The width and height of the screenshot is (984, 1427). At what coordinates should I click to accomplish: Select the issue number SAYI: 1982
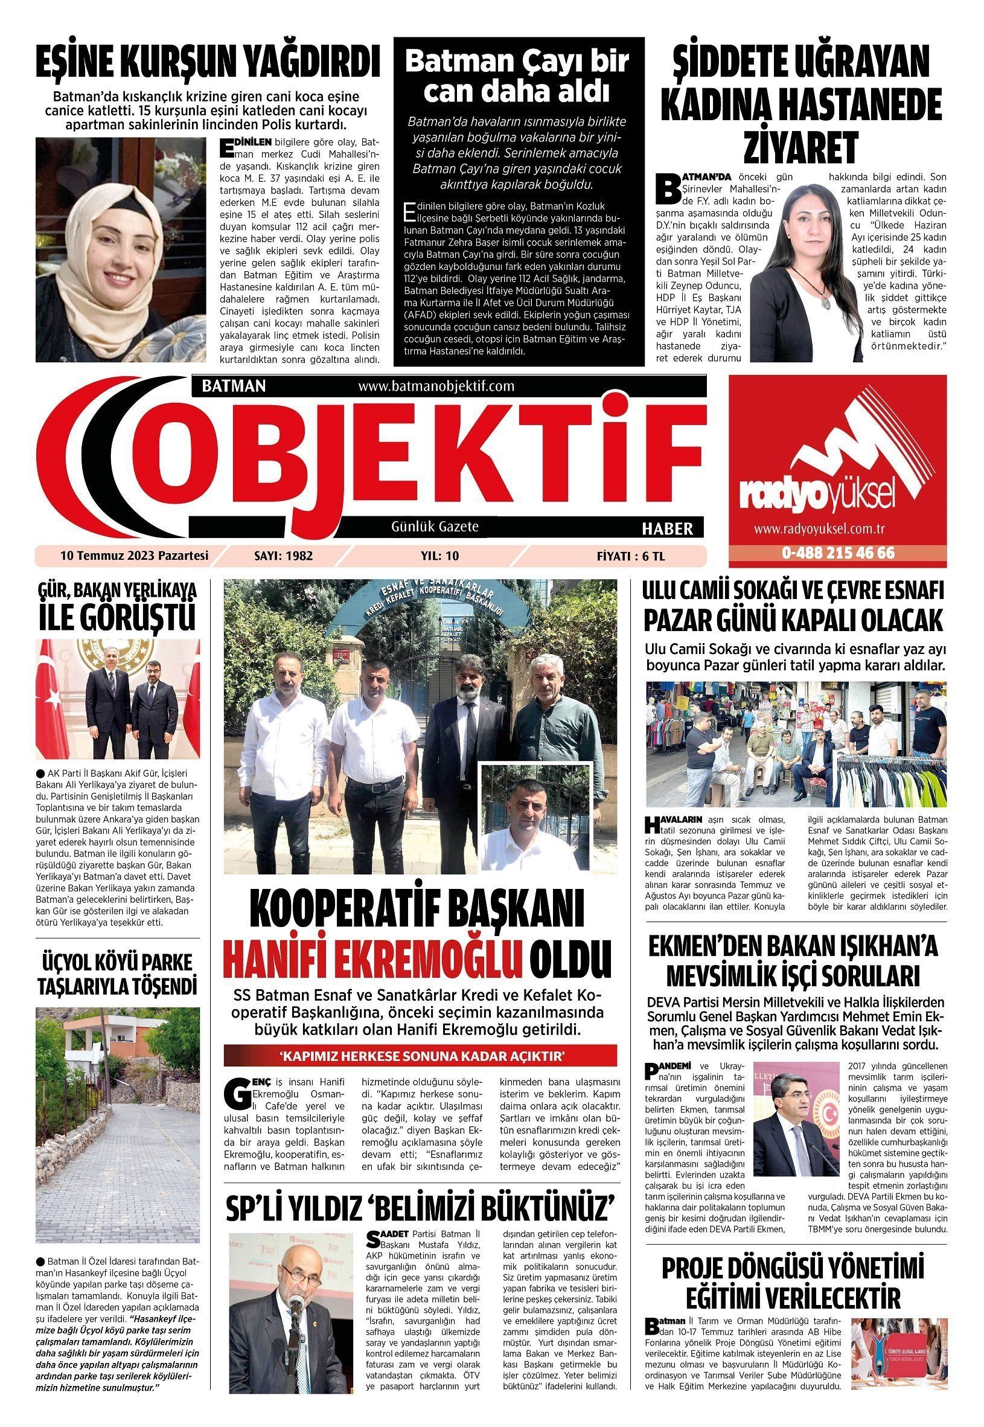[x=284, y=556]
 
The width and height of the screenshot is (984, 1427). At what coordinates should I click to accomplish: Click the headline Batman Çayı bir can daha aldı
[x=518, y=77]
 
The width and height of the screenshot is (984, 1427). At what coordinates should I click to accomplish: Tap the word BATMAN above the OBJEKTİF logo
[x=234, y=386]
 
